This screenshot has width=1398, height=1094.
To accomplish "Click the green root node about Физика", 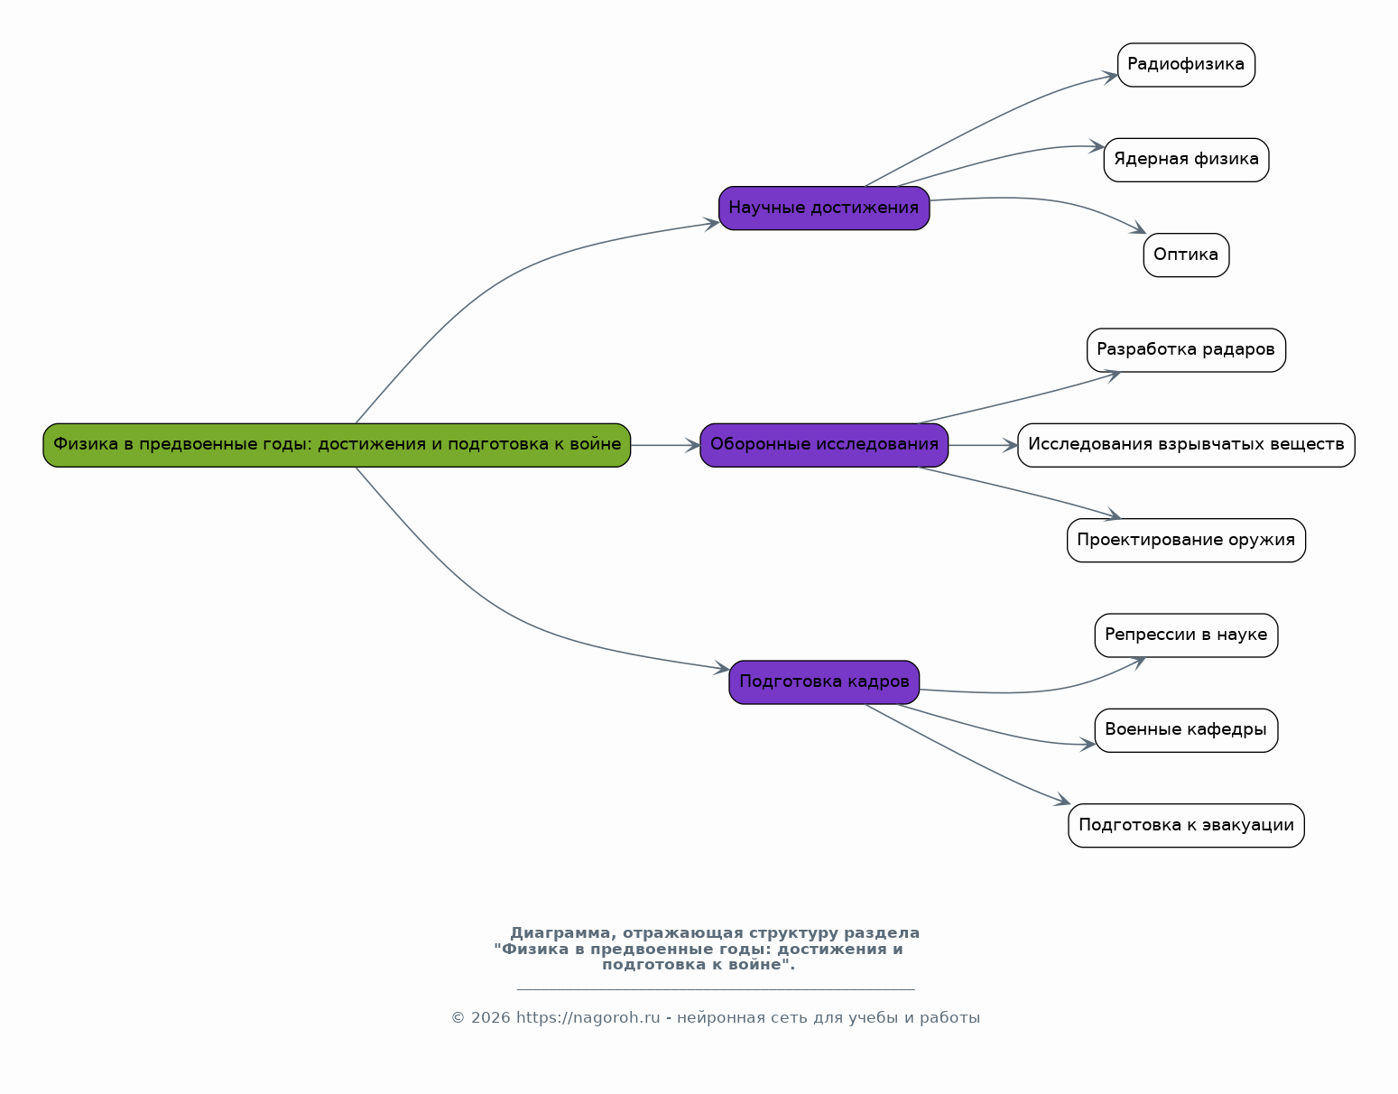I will pos(337,445).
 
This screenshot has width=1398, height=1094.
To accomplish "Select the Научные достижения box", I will pos(824,209).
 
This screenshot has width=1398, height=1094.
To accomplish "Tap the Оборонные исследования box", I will pos(824,445).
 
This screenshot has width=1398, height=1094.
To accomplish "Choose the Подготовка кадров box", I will pos(824,682).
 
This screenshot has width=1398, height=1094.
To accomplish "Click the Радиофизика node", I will pos(1186,65).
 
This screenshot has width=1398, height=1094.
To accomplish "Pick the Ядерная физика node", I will pos(1186,160).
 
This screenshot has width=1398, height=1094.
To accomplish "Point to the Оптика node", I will pos(1186,255).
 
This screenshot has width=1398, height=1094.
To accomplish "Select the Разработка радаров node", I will pos(1186,350).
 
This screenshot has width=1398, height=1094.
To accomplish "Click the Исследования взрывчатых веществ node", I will pos(1186,445).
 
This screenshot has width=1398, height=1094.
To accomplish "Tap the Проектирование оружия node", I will pos(1186,541).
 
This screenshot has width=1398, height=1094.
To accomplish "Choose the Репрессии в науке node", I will pos(1186,635).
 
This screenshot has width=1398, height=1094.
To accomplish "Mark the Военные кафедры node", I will pos(1186,730).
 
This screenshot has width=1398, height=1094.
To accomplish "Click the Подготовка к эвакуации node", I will pos(1186,826).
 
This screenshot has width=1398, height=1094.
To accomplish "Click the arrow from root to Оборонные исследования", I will pos(665,445).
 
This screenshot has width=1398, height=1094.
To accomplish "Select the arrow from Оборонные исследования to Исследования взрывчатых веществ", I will pos(983,445).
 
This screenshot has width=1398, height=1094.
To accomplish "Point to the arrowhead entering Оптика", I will pos(1139,229).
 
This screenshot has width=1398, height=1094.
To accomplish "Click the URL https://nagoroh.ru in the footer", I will pos(588,1018).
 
